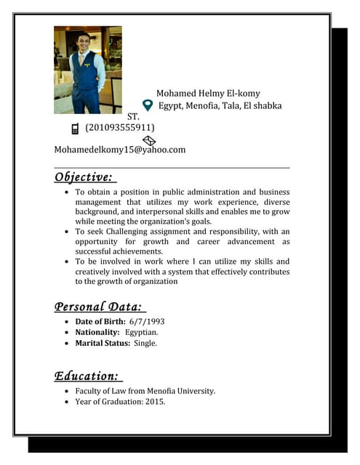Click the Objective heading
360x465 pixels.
[84, 177]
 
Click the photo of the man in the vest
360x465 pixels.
[88, 70]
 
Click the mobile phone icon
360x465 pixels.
[75, 129]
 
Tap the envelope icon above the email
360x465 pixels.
[149, 139]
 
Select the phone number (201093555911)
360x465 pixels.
[120, 128]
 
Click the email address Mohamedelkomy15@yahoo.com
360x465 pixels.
[120, 150]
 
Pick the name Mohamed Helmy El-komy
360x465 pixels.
[208, 94]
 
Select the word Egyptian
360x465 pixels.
[142, 332]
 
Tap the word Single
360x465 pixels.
[145, 343]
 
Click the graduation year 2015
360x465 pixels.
[154, 401]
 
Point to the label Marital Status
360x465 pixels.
[103, 343]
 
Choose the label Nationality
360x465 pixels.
[97, 332]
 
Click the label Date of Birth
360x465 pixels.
[100, 321]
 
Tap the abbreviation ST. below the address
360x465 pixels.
[133, 116]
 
